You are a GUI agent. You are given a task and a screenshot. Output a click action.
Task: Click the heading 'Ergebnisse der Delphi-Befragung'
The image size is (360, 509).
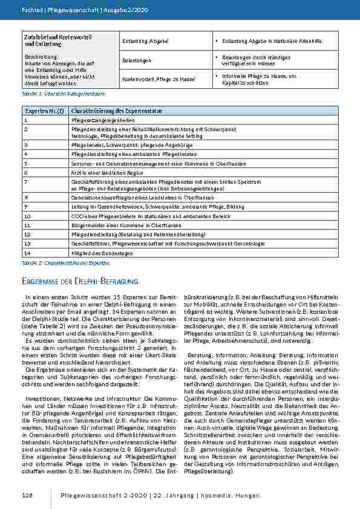click(x=80, y=282)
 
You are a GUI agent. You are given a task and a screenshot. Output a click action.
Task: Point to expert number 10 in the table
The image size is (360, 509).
click(x=27, y=215)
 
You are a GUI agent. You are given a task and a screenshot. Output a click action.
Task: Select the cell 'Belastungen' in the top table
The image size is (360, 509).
click(x=137, y=61)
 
